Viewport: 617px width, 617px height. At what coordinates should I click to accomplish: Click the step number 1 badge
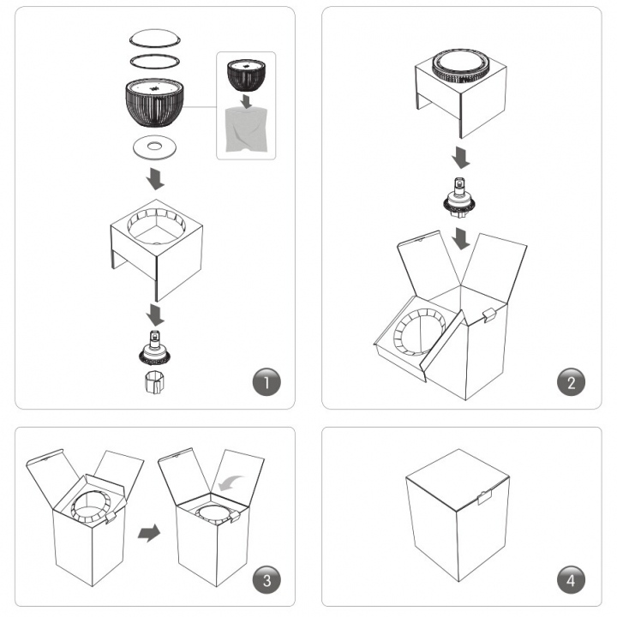(267, 381)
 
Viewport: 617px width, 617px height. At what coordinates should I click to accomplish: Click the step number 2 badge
(571, 381)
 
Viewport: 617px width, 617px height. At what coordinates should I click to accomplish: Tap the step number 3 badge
(267, 580)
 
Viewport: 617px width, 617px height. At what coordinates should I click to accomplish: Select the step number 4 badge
(571, 580)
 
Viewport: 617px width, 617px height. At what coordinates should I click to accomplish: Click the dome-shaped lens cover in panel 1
(155, 39)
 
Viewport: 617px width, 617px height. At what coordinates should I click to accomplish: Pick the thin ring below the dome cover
(154, 61)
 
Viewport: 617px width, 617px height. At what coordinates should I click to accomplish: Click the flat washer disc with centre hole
(154, 147)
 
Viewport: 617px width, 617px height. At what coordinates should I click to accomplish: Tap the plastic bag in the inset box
(246, 130)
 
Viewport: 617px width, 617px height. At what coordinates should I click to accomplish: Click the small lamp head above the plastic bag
(246, 75)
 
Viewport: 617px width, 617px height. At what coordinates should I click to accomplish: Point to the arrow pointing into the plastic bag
(247, 101)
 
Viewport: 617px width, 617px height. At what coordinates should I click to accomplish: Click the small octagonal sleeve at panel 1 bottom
(154, 380)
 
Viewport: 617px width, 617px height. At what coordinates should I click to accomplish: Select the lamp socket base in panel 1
(154, 348)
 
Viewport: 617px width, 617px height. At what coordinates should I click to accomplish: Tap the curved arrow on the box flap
(231, 482)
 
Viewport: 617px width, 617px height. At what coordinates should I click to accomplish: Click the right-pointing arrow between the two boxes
(149, 533)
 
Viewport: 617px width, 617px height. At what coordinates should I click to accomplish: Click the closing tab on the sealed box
(484, 497)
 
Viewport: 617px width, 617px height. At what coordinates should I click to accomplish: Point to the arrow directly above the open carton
(460, 238)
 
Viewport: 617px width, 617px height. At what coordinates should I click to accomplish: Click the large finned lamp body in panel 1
(154, 102)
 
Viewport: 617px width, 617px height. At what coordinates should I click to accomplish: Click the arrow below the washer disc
(155, 179)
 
